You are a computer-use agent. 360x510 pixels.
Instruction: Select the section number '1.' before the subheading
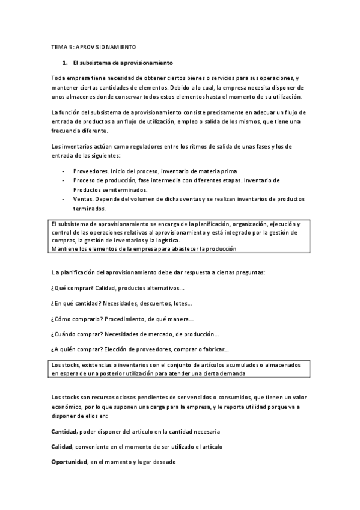pyautogui.click(x=66, y=63)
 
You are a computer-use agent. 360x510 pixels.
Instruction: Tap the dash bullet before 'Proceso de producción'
pyautogui.click(x=64, y=180)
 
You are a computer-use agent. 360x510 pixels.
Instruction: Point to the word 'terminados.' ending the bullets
pyautogui.click(x=90, y=209)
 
